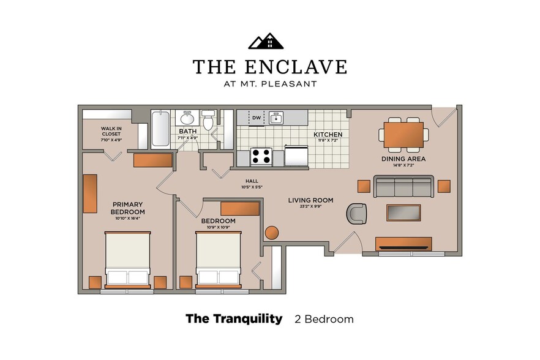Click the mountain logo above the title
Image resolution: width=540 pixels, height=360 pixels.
tap(266, 41)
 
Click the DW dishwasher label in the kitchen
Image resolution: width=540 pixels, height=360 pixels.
tap(257, 118)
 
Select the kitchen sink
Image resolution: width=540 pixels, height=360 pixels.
tap(276, 117)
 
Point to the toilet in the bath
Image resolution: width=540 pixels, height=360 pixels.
tap(208, 121)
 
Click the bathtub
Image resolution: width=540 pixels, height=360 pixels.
tap(161, 129)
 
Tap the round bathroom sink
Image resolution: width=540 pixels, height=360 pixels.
tap(187, 118)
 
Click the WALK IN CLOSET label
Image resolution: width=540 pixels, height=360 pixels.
tap(111, 132)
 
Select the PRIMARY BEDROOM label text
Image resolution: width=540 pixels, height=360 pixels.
tap(127, 208)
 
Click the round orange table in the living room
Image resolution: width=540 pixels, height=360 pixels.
tap(272, 233)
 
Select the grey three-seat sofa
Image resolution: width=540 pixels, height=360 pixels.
tap(403, 186)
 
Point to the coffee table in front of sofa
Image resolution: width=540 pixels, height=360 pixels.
tap(403, 212)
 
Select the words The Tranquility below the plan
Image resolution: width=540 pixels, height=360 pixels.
tap(234, 318)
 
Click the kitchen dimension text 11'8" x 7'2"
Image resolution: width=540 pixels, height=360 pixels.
tap(327, 141)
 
